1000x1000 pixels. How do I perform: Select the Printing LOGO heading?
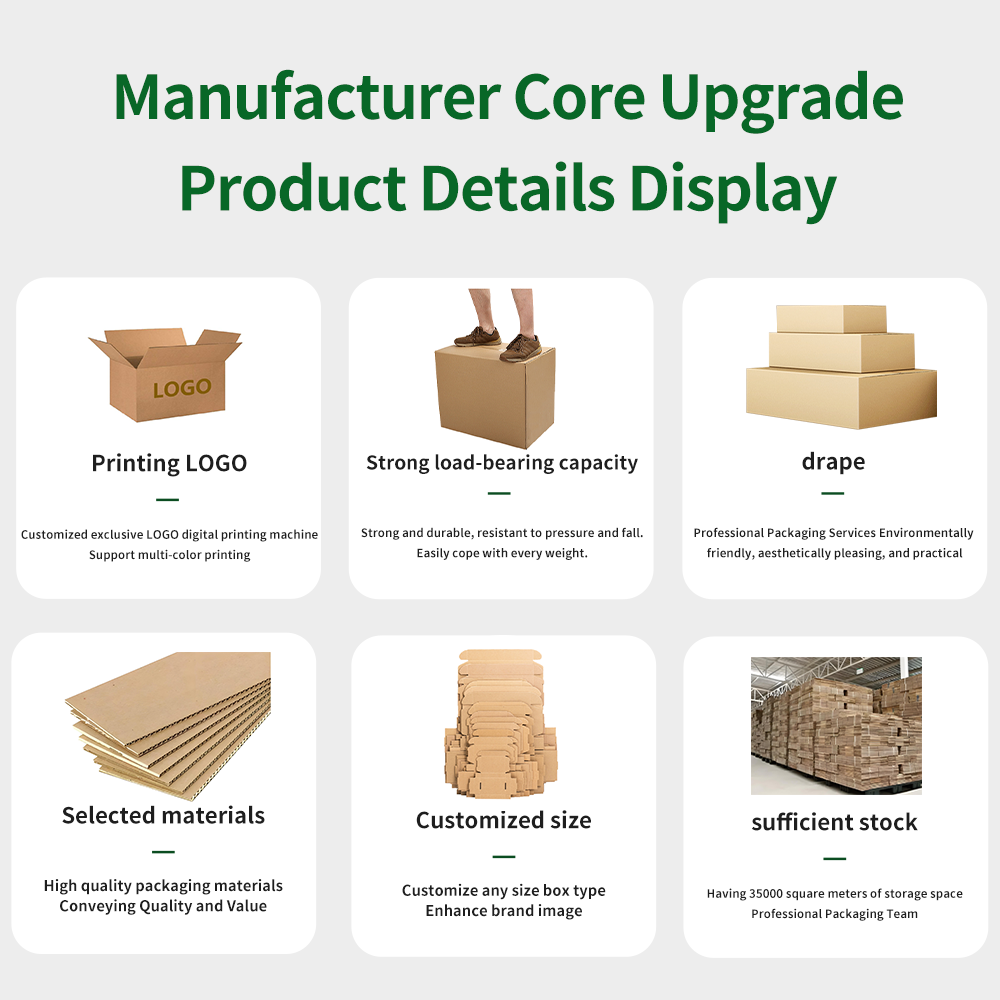pos(168,463)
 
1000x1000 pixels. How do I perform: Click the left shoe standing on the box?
pos(478,337)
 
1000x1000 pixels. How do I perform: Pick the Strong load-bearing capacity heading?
pos(501,463)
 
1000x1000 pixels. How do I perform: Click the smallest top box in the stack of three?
pos(831,318)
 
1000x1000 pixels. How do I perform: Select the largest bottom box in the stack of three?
pos(841,396)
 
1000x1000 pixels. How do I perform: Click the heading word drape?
pos(832,461)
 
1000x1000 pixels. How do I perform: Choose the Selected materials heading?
pos(163,815)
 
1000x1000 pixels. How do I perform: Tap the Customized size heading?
pos(503,820)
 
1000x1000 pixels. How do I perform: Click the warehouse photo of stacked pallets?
pos(836,725)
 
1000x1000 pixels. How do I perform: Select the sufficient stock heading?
pos(834,822)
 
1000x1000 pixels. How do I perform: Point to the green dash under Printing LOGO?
pos(167,499)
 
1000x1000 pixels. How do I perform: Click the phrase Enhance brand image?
pos(503,911)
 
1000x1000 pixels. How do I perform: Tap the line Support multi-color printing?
pos(169,555)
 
